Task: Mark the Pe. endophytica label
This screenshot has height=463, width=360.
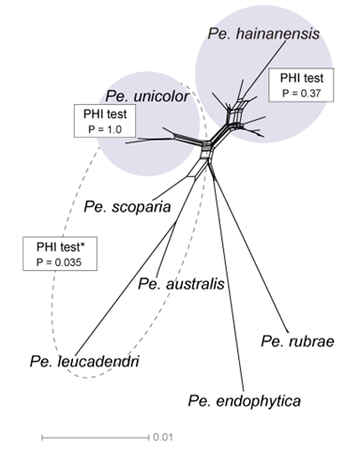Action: (244, 400)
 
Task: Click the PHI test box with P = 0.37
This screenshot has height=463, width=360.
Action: (298, 82)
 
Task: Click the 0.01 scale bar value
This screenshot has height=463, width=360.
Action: (162, 437)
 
